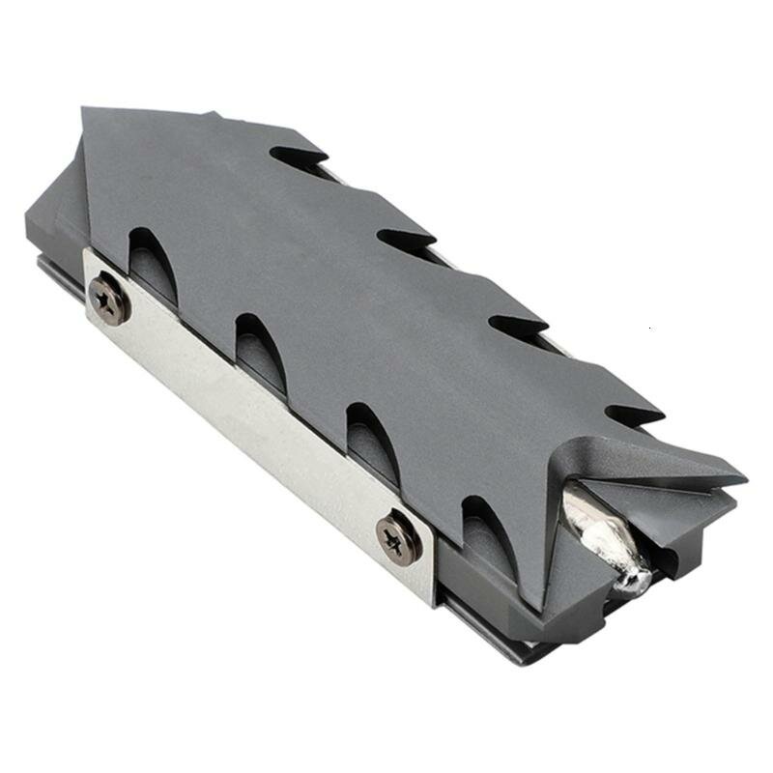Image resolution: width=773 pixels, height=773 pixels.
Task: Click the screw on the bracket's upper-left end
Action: pyautogui.click(x=109, y=300)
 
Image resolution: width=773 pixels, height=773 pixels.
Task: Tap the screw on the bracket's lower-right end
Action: pyautogui.click(x=398, y=537)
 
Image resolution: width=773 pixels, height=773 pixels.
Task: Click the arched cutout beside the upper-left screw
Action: pyautogui.click(x=152, y=259)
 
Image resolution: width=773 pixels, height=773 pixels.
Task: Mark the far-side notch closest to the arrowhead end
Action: pyautogui.click(x=295, y=157)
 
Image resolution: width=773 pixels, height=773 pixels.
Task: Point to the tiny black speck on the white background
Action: pyautogui.click(x=650, y=329)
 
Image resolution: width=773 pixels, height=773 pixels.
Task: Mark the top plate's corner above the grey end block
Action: pyautogui.click(x=87, y=111)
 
